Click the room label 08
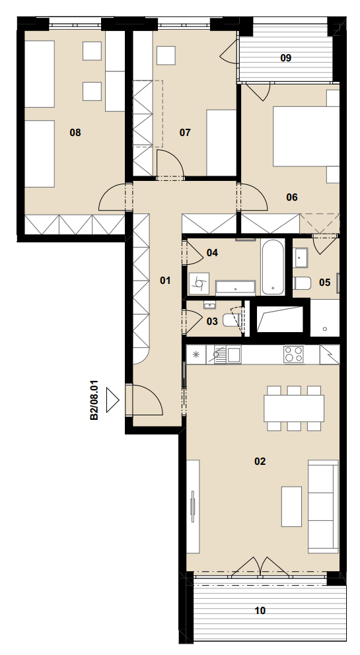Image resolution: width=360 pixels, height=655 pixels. (x=75, y=133)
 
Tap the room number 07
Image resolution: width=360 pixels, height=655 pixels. (x=185, y=133)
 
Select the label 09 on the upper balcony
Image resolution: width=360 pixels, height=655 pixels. (x=285, y=58)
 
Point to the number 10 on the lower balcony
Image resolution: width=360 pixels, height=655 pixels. (x=260, y=611)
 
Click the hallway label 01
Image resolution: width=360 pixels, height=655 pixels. (x=166, y=281)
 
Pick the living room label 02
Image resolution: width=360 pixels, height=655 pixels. (x=260, y=462)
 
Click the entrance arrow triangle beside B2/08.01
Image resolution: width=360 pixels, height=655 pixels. (x=112, y=399)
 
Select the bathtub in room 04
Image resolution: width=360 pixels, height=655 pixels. (x=273, y=267)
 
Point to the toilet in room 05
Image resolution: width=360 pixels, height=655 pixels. (x=302, y=283)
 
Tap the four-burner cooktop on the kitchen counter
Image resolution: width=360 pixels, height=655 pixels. (x=293, y=355)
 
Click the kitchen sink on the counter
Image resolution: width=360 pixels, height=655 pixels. (x=227, y=355)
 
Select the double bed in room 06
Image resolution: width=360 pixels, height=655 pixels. (x=306, y=137)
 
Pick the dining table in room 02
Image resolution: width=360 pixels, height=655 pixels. (x=294, y=408)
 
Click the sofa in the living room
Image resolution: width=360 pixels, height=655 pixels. (x=323, y=506)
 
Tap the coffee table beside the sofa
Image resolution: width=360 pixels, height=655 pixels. (x=291, y=506)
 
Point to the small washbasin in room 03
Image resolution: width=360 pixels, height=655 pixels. (x=210, y=305)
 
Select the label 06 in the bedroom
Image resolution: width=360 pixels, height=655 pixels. (x=292, y=197)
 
